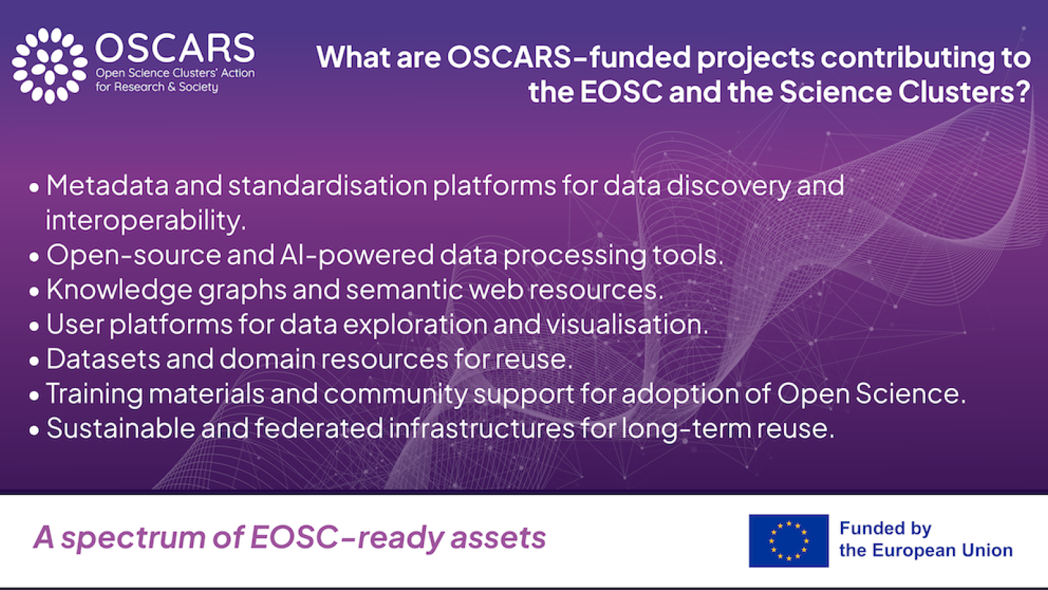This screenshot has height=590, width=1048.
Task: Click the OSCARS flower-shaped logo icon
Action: pos(50,66)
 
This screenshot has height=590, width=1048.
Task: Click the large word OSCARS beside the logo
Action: pos(175,48)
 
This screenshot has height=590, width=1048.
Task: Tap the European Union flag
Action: pos(789,541)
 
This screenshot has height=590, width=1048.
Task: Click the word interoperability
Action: pos(145,221)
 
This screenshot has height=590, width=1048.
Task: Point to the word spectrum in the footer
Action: pos(133,538)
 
